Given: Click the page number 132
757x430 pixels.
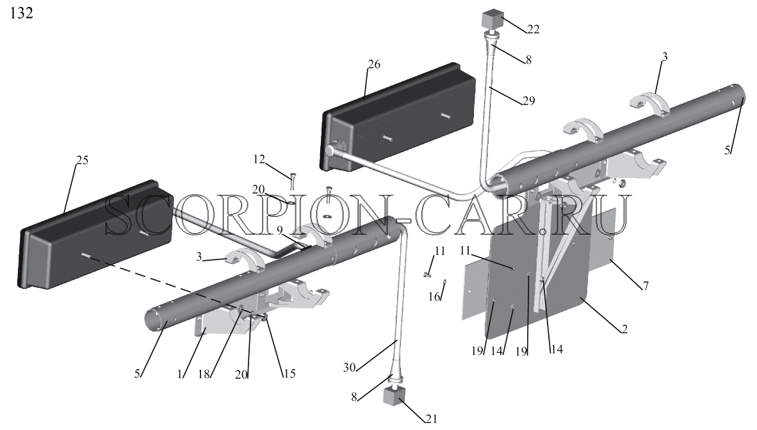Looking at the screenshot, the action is (x=22, y=13).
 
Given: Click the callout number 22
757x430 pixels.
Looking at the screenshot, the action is (x=533, y=29).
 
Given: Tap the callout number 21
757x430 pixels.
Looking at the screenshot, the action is (x=430, y=419).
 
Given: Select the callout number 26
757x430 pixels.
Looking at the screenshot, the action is (x=374, y=64).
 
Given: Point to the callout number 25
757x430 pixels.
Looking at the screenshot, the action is (x=83, y=160).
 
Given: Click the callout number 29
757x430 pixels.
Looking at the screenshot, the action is (x=529, y=101).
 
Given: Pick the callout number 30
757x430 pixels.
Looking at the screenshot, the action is (x=350, y=368).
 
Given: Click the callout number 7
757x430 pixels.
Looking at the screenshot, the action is (x=646, y=286).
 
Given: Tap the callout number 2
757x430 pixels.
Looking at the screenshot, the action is (x=624, y=329).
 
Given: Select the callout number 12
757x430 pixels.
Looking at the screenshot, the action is (x=259, y=159).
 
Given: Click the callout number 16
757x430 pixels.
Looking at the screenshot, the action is (x=434, y=297).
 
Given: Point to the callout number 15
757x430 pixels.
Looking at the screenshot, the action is (x=289, y=374).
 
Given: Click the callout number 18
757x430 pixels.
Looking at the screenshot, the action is (x=204, y=374).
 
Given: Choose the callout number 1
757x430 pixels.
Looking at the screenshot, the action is (x=180, y=374).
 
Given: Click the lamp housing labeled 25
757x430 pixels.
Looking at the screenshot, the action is (x=95, y=235).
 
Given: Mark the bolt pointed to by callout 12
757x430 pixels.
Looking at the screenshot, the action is (x=292, y=181).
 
